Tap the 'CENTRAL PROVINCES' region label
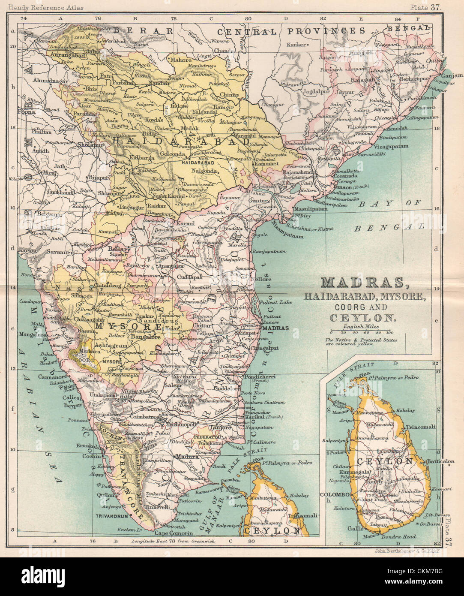tap(291, 31)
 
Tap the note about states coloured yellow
tap(361, 342)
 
